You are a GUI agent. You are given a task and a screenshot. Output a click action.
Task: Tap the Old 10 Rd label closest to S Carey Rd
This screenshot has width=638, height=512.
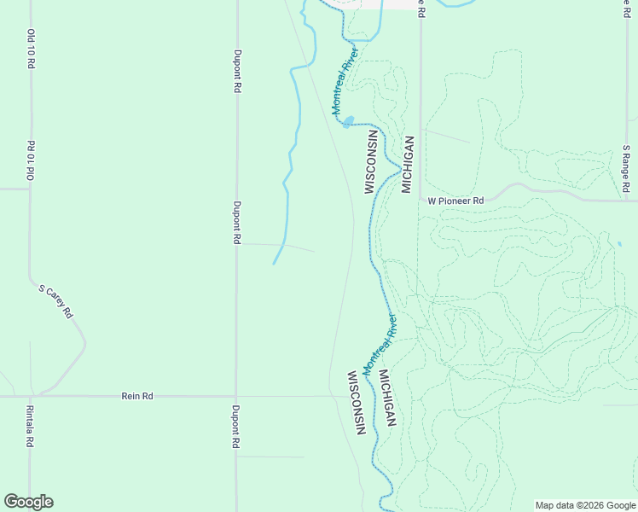[31, 160]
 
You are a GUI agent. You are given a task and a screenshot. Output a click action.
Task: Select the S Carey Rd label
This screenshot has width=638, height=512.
[57, 302]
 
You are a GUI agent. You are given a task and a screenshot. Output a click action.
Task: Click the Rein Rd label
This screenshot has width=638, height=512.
[137, 396]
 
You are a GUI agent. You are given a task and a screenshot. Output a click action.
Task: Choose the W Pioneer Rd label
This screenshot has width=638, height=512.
[455, 201]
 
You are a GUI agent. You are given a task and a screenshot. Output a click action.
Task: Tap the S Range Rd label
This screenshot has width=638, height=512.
[626, 167]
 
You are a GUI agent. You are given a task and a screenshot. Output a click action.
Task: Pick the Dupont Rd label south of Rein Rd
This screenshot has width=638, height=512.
[236, 427]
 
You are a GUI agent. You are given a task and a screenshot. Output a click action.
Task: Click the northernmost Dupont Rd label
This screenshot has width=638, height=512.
[236, 70]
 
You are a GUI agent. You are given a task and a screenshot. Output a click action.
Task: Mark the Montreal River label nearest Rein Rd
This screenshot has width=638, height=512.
[380, 345]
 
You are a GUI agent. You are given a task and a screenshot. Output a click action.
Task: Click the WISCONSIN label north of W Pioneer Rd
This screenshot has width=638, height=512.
[370, 161]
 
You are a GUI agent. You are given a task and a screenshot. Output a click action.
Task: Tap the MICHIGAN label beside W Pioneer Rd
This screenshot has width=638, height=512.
[408, 165]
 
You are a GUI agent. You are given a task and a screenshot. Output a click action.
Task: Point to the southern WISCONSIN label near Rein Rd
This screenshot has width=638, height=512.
[356, 403]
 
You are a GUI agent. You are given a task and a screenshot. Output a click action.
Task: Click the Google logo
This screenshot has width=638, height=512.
[28, 502]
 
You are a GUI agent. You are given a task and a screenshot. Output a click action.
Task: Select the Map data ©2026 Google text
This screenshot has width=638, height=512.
[585, 505]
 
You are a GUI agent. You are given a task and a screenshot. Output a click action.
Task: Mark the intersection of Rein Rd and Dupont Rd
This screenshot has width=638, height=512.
[236, 396]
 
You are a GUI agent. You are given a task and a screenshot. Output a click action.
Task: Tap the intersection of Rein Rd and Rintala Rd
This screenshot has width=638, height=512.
[31, 396]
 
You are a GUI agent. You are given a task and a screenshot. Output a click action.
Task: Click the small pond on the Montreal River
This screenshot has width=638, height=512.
[348, 121]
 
